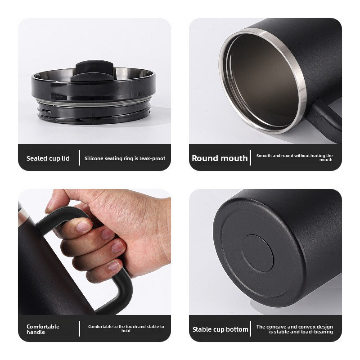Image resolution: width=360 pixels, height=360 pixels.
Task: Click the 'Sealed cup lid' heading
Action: [48, 158]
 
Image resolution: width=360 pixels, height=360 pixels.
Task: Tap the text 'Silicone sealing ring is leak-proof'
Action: [125, 158]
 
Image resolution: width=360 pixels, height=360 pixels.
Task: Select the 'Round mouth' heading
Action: [220, 158]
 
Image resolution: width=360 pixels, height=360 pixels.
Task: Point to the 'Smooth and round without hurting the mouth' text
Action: [295, 157]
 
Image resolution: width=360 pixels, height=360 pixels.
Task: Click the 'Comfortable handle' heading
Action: [43, 329]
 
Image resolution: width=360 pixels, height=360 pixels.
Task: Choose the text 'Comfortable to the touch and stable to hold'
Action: [126, 328]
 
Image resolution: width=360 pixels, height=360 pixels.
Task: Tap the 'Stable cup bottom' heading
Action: [220, 329]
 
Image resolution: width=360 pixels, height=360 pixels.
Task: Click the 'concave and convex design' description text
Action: [295, 329]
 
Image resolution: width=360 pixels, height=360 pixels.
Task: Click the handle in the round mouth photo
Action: [326, 119]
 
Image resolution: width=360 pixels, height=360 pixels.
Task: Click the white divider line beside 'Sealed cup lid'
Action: [80, 158]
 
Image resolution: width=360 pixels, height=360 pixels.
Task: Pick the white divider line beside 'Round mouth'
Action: [251, 158]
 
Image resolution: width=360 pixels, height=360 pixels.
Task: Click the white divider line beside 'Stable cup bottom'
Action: [252, 329]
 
